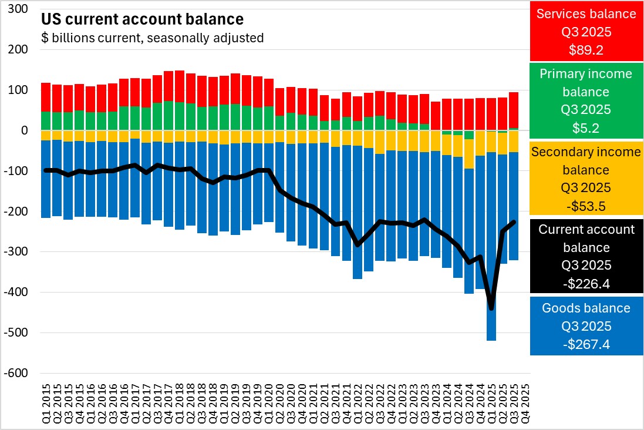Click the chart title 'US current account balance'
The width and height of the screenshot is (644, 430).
(x=141, y=19)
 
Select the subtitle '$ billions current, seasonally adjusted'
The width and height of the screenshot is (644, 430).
(x=152, y=38)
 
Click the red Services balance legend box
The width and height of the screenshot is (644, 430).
(x=586, y=31)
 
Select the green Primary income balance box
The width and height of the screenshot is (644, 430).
(x=586, y=100)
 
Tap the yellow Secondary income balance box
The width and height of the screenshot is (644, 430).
(x=586, y=178)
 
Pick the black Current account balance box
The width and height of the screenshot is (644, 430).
(x=586, y=256)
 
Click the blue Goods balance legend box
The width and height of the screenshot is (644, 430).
(x=586, y=325)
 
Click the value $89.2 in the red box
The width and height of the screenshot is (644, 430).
(x=586, y=50)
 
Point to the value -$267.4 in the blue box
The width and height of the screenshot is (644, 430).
(x=586, y=344)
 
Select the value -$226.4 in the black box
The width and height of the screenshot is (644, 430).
(x=586, y=284)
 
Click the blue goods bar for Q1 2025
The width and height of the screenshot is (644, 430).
(x=491, y=247)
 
